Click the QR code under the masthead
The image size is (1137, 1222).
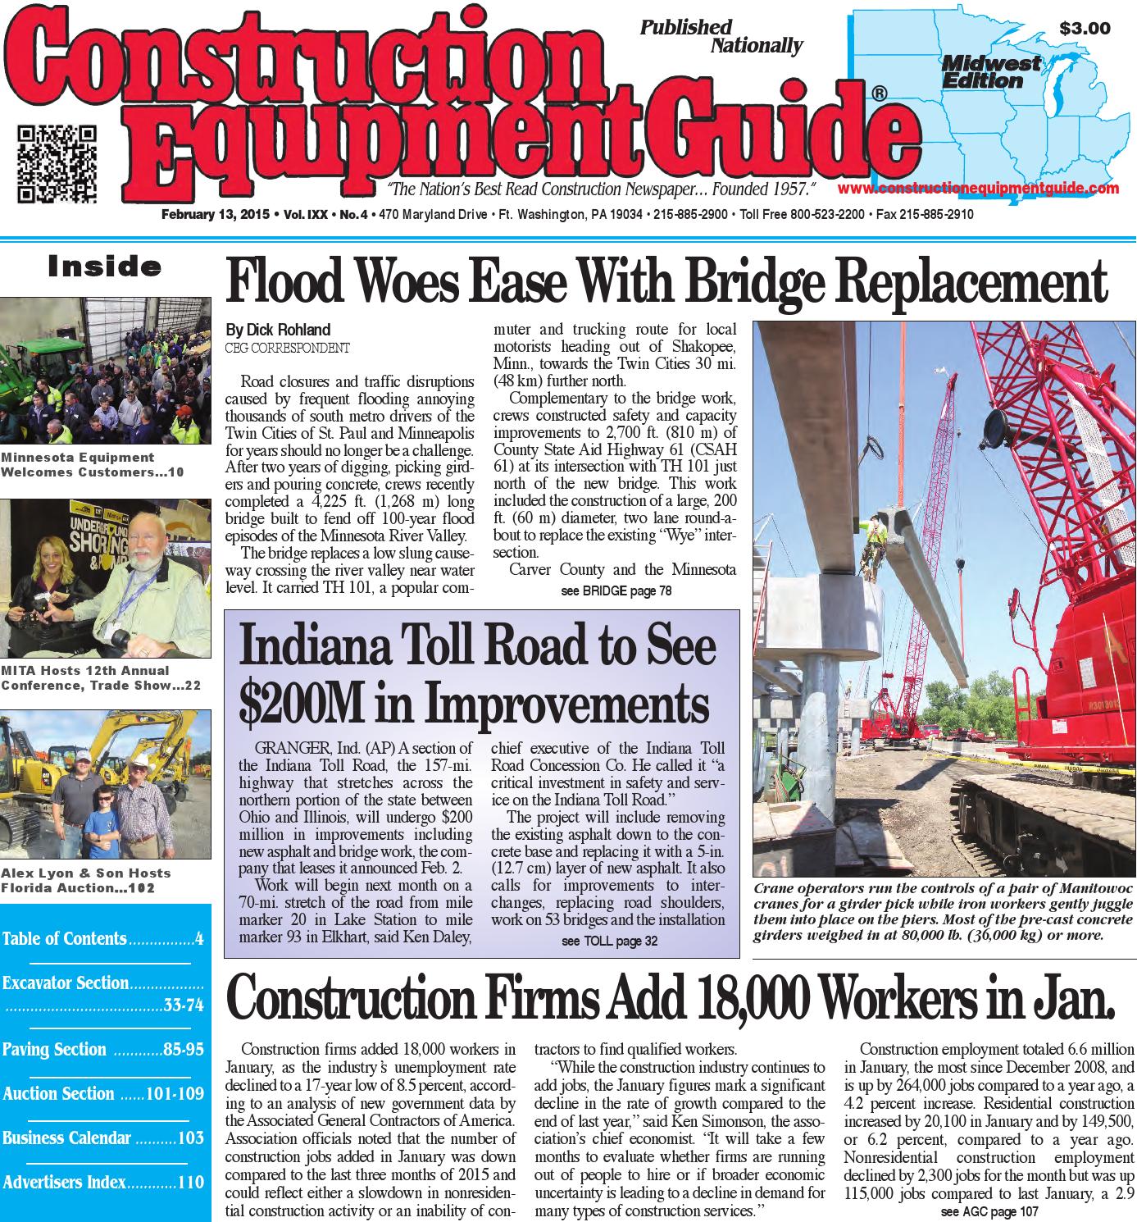[x=57, y=163]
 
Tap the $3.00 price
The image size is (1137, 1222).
[x=1084, y=29]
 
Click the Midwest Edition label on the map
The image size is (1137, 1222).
[x=990, y=72]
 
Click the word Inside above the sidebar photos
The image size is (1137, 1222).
[x=105, y=267]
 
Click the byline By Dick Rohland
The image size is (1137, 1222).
[x=278, y=330]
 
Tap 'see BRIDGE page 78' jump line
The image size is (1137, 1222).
[x=616, y=590]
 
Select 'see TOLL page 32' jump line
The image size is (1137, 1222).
[x=609, y=942]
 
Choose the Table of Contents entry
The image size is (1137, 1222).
[x=66, y=938]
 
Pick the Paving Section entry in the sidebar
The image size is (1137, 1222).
[x=55, y=1050]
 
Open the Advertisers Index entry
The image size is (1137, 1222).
[x=65, y=1182]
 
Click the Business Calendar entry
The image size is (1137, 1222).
[x=67, y=1138]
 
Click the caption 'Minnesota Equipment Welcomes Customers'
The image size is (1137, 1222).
[x=78, y=464]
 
